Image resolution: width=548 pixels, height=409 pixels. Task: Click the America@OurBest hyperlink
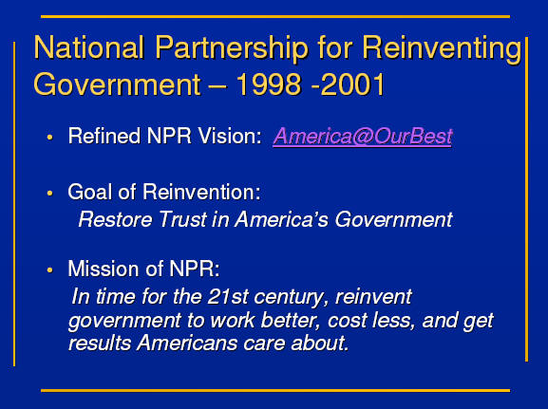coord(363,137)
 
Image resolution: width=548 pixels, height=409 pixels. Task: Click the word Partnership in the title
coord(232,48)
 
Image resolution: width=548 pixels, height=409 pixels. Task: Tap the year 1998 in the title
coord(269,84)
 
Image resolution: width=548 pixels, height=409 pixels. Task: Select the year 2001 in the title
coord(352,84)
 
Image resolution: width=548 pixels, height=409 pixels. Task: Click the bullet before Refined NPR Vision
coord(50,137)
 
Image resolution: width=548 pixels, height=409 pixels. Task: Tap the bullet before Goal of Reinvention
coord(50,193)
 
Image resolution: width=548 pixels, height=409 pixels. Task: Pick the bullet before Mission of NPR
coord(50,270)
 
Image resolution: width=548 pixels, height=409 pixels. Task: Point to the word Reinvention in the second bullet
coord(201,192)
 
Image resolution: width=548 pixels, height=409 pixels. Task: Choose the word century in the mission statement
coord(292,298)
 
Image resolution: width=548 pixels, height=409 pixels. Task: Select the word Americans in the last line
coord(187,343)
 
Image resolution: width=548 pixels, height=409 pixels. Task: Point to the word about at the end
coord(319,343)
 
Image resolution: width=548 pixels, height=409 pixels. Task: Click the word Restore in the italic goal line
coord(116,220)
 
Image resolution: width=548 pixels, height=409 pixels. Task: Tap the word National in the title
coord(89,47)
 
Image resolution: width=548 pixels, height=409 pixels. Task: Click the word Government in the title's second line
coord(118,84)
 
